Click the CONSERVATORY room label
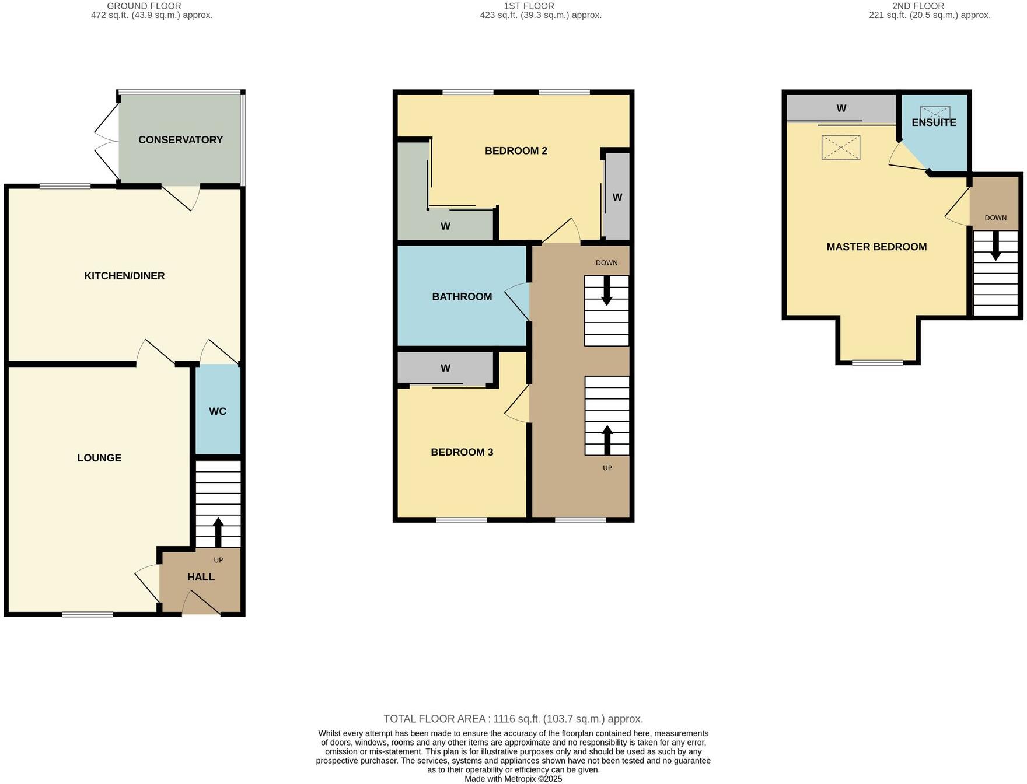coord(180,140)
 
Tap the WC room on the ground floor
coord(218,411)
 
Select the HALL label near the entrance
coord(201,577)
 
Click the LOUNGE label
coord(99,458)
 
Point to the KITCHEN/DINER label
coord(124,276)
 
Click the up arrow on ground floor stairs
coord(218,531)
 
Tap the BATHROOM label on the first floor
coord(462,297)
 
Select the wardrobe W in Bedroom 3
coord(445,368)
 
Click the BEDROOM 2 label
coord(516,151)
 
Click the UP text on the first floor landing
coord(607,468)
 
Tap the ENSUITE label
coord(934,123)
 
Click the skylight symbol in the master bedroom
coord(840,148)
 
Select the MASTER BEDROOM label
coord(876,247)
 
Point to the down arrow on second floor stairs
coord(995,246)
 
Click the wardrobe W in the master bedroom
coord(841,108)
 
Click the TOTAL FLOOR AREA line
coord(513,719)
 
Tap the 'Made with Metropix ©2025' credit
coord(513,779)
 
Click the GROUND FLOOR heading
coord(144,6)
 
